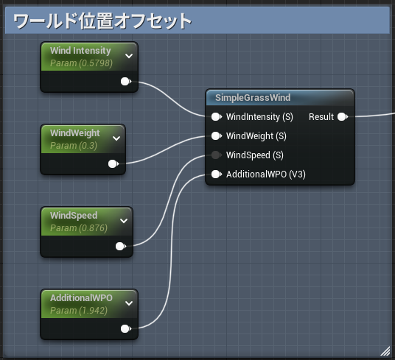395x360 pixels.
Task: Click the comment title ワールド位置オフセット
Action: tap(103, 21)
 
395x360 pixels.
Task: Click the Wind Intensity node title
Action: tap(80, 51)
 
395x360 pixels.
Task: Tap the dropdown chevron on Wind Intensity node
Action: tap(129, 55)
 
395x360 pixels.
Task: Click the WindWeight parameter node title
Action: tap(74, 133)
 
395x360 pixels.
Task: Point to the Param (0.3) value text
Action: tap(73, 146)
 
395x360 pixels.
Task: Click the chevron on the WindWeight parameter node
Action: tap(116, 138)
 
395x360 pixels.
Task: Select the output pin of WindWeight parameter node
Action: tap(112, 164)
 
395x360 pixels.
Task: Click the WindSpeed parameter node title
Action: tap(74, 216)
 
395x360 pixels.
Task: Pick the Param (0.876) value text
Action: tap(79, 228)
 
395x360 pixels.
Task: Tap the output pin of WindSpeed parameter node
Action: tap(120, 247)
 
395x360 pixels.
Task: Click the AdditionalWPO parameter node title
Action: tap(81, 298)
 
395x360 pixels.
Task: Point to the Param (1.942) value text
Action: tap(79, 311)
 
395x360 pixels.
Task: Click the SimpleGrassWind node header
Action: tap(253, 98)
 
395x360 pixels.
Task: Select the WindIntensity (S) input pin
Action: tap(215, 117)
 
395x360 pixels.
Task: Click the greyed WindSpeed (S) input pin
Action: tap(215, 155)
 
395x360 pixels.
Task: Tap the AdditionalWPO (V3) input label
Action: tap(265, 174)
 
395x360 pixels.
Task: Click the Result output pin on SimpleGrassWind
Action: tap(342, 117)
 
